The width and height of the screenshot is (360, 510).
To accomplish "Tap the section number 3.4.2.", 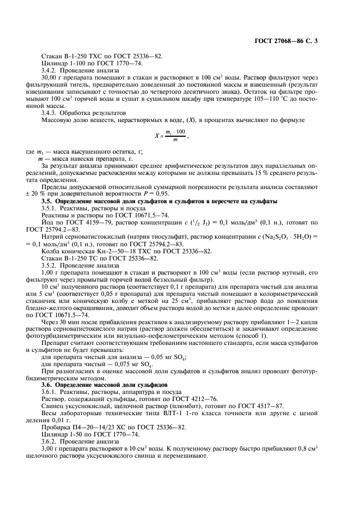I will (50, 71).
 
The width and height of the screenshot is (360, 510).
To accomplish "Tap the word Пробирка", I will (56, 428).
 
